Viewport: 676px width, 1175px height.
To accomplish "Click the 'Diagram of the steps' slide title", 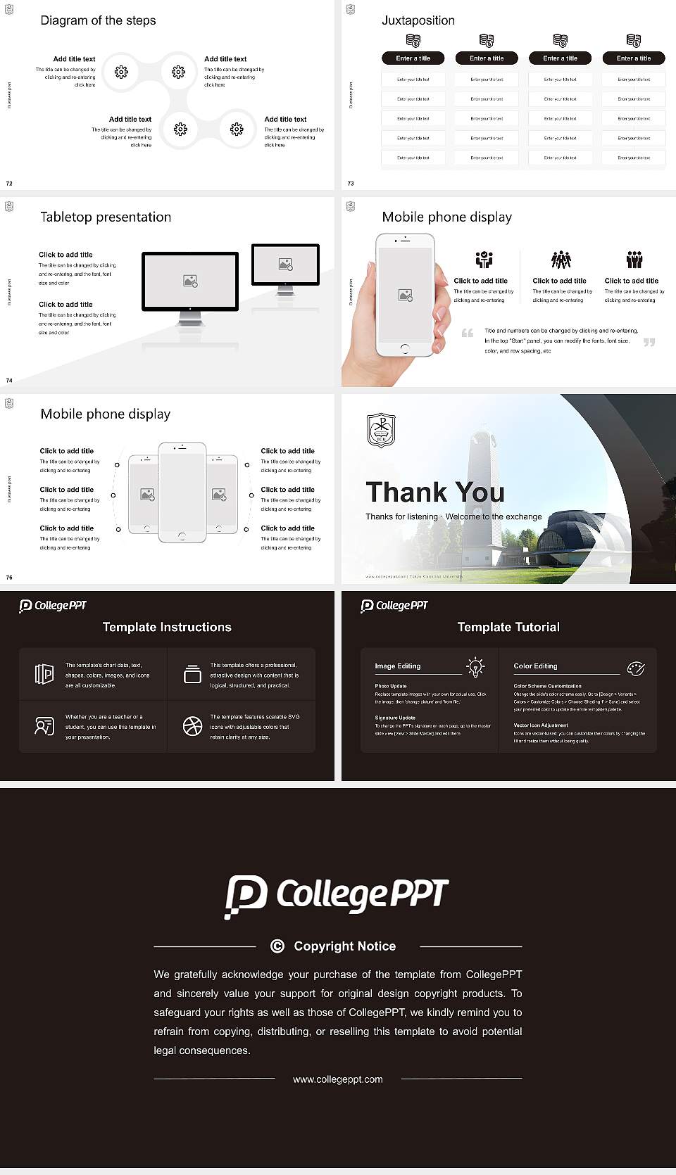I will pyautogui.click(x=98, y=20).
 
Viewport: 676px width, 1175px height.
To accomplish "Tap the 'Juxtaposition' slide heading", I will pyautogui.click(x=418, y=20).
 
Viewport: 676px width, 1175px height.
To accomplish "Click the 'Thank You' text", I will pyautogui.click(x=434, y=493).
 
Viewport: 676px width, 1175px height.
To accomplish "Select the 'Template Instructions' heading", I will pyautogui.click(x=167, y=627).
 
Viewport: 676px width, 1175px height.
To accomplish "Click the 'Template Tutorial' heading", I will pyautogui.click(x=508, y=627).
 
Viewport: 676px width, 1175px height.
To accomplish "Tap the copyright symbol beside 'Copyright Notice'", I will pyautogui.click(x=277, y=946).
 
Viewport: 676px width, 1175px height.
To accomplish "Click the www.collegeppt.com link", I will pyautogui.click(x=338, y=1079).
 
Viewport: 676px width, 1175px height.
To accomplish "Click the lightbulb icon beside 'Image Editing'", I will pyautogui.click(x=475, y=667).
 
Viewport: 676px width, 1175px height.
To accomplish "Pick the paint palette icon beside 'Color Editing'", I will pyautogui.click(x=636, y=668).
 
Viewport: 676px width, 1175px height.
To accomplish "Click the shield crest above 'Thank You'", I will pyautogui.click(x=381, y=431).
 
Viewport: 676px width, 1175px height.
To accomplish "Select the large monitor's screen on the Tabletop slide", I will pyautogui.click(x=190, y=280).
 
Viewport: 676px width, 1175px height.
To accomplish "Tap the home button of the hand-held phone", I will pyautogui.click(x=405, y=349).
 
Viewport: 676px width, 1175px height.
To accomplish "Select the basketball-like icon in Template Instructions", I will pyautogui.click(x=192, y=726).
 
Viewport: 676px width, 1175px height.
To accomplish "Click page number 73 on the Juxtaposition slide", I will pyautogui.click(x=351, y=184).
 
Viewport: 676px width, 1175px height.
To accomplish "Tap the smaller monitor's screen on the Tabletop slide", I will pyautogui.click(x=285, y=264).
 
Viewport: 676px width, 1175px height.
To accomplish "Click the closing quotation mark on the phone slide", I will pyautogui.click(x=649, y=343).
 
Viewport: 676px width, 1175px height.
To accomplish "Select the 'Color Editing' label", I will pyautogui.click(x=535, y=666).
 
